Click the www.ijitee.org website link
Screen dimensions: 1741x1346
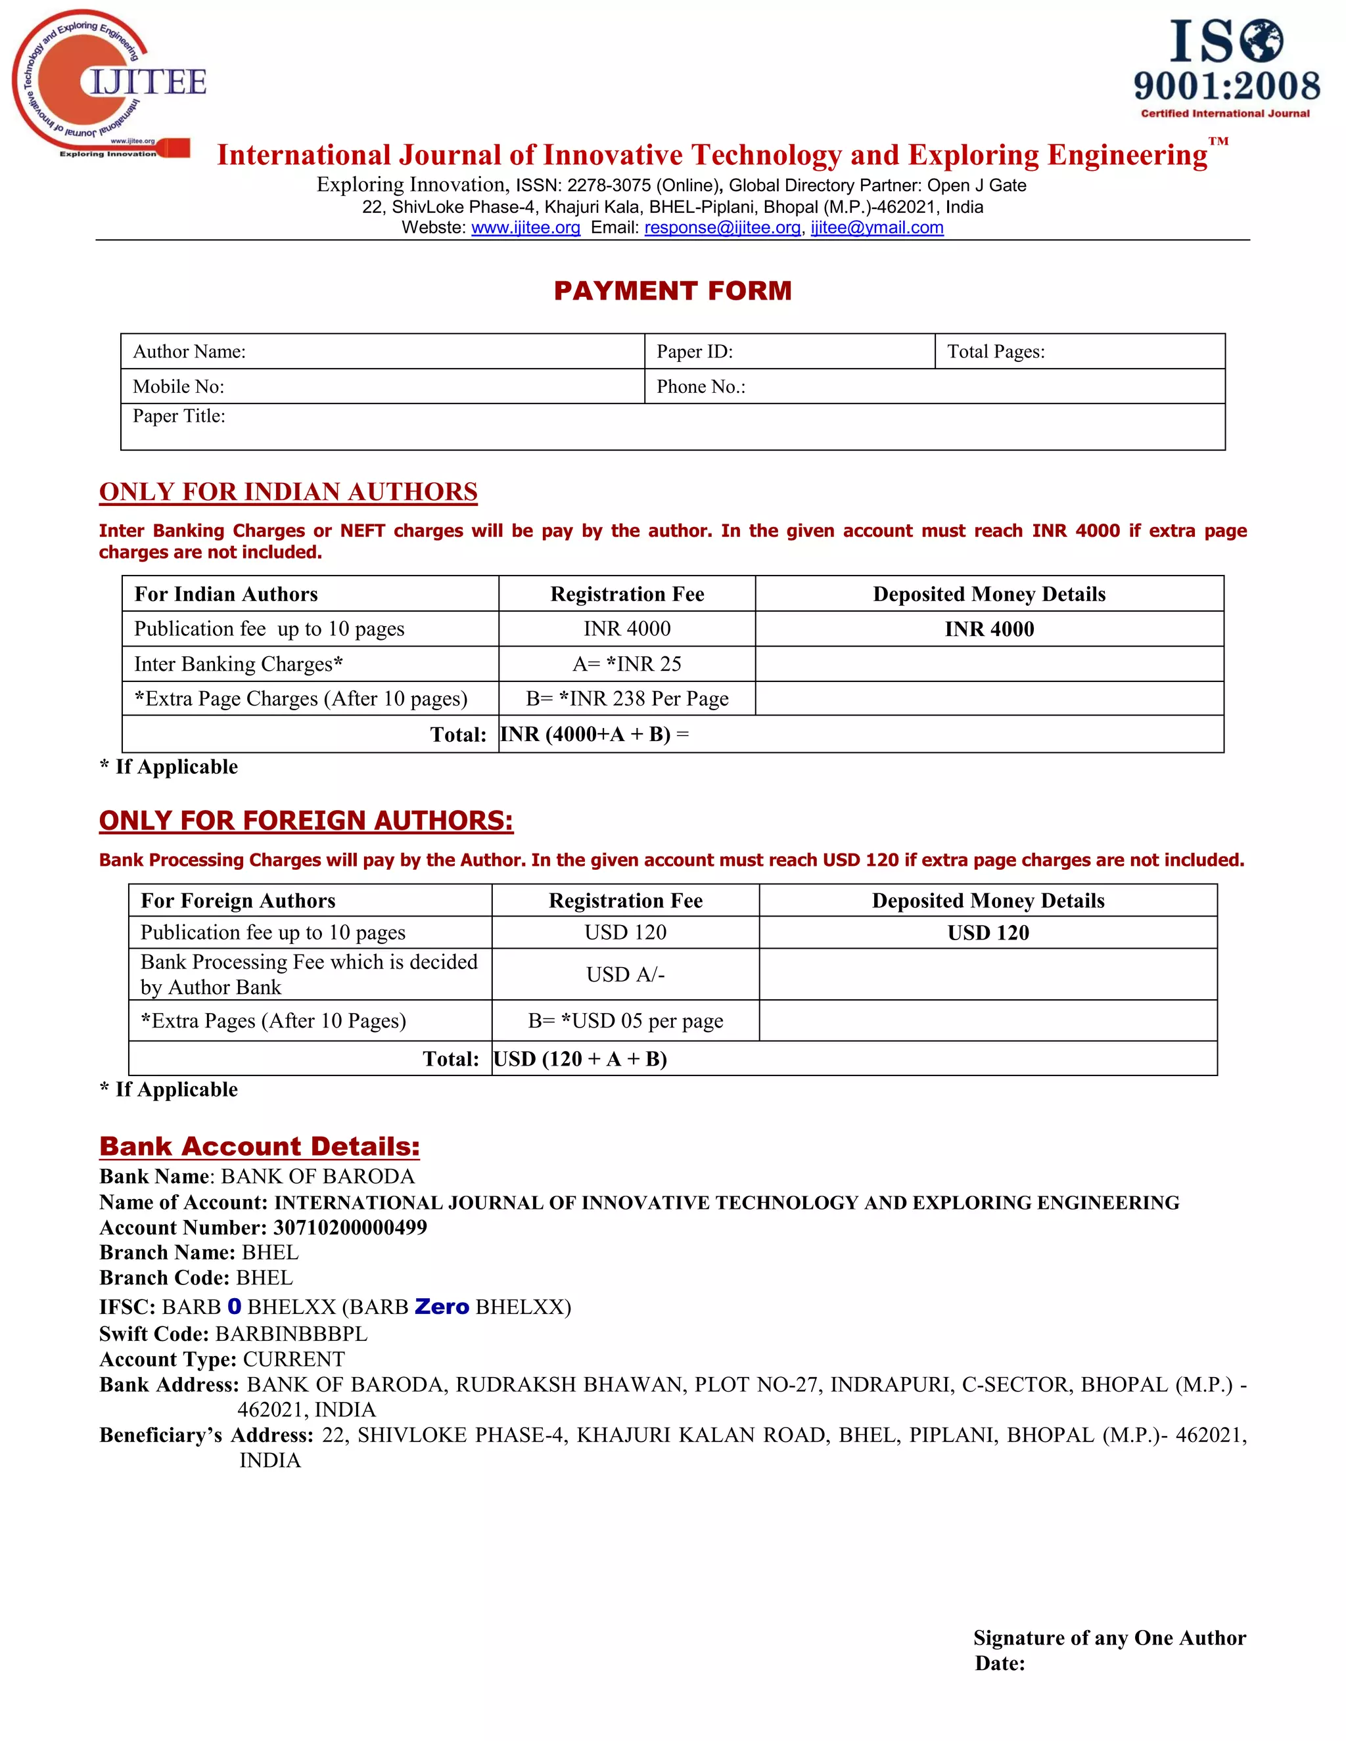tap(526, 228)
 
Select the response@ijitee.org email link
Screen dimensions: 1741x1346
tap(722, 228)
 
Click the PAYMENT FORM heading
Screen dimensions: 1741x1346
tap(672, 291)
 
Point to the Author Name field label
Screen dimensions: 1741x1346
tap(189, 351)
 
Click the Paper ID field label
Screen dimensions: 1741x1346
tap(694, 351)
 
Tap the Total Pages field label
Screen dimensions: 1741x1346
tap(995, 351)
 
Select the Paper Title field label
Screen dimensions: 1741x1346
tap(179, 416)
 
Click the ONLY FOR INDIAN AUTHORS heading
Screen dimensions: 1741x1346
tap(288, 492)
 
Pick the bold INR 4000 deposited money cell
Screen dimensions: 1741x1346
tap(988, 629)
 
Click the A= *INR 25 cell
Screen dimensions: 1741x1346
tap(627, 664)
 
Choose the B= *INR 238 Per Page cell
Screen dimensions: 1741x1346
tap(627, 699)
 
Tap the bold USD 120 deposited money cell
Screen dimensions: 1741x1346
tap(988, 933)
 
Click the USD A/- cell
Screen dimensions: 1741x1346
tap(625, 975)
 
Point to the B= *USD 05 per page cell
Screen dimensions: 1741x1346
tap(625, 1021)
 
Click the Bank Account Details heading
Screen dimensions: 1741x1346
tap(259, 1146)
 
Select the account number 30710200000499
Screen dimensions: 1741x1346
tap(350, 1228)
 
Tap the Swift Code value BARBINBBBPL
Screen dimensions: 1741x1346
tap(291, 1334)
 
